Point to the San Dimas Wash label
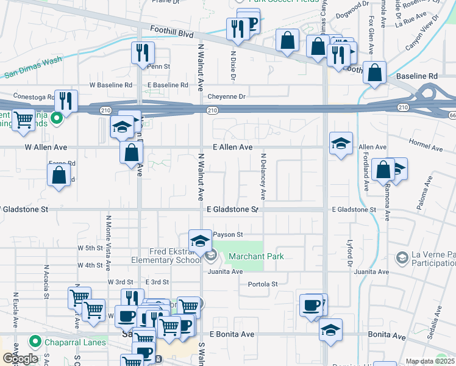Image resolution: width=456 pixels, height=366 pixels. (34, 68)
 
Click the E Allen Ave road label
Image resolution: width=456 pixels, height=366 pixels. (232, 147)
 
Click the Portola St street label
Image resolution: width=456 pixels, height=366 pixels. (263, 284)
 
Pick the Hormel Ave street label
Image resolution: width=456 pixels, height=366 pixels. (428, 148)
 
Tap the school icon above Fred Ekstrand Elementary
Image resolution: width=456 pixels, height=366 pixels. (199, 242)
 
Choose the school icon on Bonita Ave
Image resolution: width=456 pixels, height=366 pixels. (330, 329)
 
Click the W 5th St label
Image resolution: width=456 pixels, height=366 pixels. (90, 248)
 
